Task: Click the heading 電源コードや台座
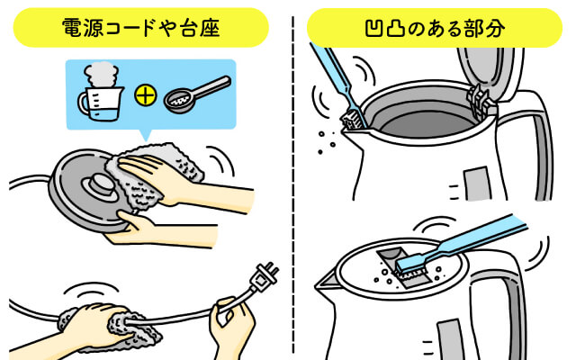pos(140,28)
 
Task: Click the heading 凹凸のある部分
pos(435,28)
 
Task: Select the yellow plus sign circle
pos(146,95)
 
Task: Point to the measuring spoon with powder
pos(197,94)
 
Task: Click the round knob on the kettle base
pos(97,183)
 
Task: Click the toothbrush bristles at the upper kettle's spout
pos(353,120)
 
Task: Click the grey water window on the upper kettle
pos(477,183)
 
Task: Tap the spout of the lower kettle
pos(326,282)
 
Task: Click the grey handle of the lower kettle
pos(514,305)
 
